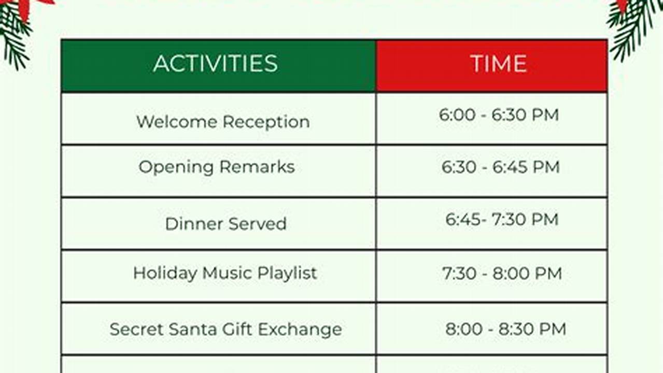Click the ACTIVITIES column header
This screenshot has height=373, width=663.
click(x=216, y=63)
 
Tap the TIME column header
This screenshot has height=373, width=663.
click(x=499, y=63)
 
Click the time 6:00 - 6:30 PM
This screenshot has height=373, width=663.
click(x=499, y=115)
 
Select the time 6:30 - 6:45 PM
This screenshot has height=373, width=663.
click(x=501, y=167)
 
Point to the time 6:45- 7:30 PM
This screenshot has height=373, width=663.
click(x=502, y=220)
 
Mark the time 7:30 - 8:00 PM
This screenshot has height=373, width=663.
click(x=502, y=274)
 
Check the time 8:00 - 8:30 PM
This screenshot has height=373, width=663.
click(x=506, y=329)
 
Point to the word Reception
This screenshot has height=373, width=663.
click(x=266, y=122)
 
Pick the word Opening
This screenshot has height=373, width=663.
click(x=176, y=168)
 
